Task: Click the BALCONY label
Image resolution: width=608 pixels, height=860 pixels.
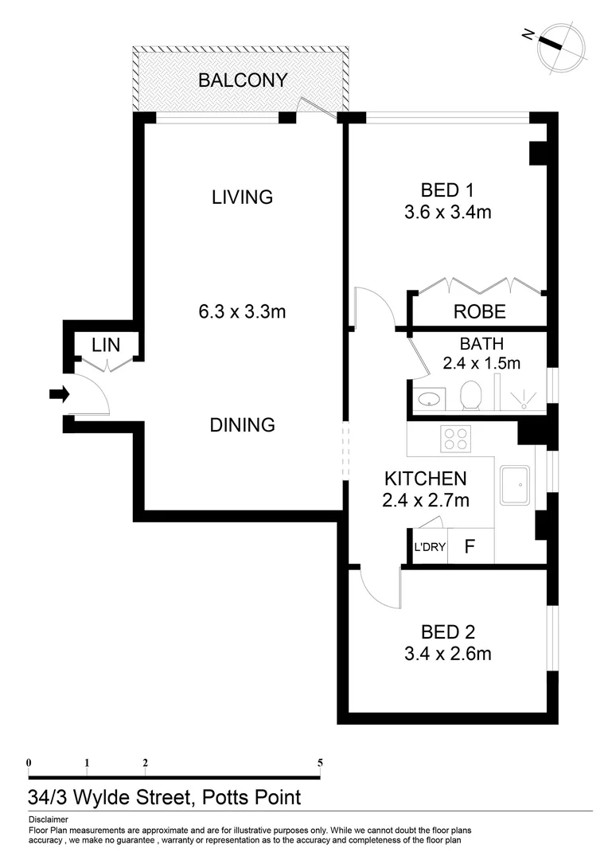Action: (x=243, y=80)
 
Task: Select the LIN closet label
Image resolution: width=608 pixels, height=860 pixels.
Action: (x=105, y=345)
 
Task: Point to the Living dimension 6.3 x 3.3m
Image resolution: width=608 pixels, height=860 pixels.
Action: (x=242, y=311)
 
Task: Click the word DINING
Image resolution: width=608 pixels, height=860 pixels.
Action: (x=242, y=425)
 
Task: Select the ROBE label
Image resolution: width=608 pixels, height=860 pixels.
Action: (x=479, y=311)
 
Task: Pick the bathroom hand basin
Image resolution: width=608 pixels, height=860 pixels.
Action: (x=431, y=397)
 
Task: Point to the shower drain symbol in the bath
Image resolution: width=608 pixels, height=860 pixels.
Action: (x=525, y=401)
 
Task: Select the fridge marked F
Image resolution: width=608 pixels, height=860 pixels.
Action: (x=470, y=547)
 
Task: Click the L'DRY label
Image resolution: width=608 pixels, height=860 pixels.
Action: (x=430, y=547)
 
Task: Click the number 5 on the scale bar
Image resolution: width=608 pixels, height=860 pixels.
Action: (x=320, y=762)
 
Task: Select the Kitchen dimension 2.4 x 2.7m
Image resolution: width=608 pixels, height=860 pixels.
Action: (x=426, y=500)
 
